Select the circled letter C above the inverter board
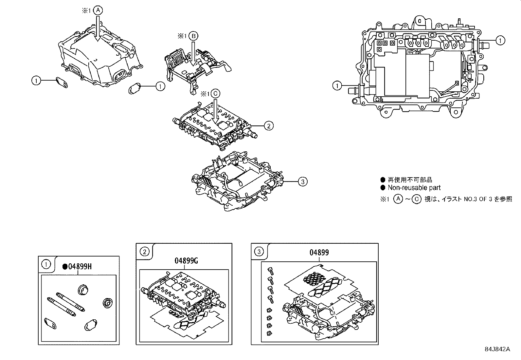215,94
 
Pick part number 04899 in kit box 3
319,253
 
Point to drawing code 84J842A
498,349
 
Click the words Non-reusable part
414,188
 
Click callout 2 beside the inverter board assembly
268,125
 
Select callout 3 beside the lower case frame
303,181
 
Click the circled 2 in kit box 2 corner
144,252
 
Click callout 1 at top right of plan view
500,41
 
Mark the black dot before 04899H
65,267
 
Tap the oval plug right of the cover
134,88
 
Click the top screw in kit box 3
270,270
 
